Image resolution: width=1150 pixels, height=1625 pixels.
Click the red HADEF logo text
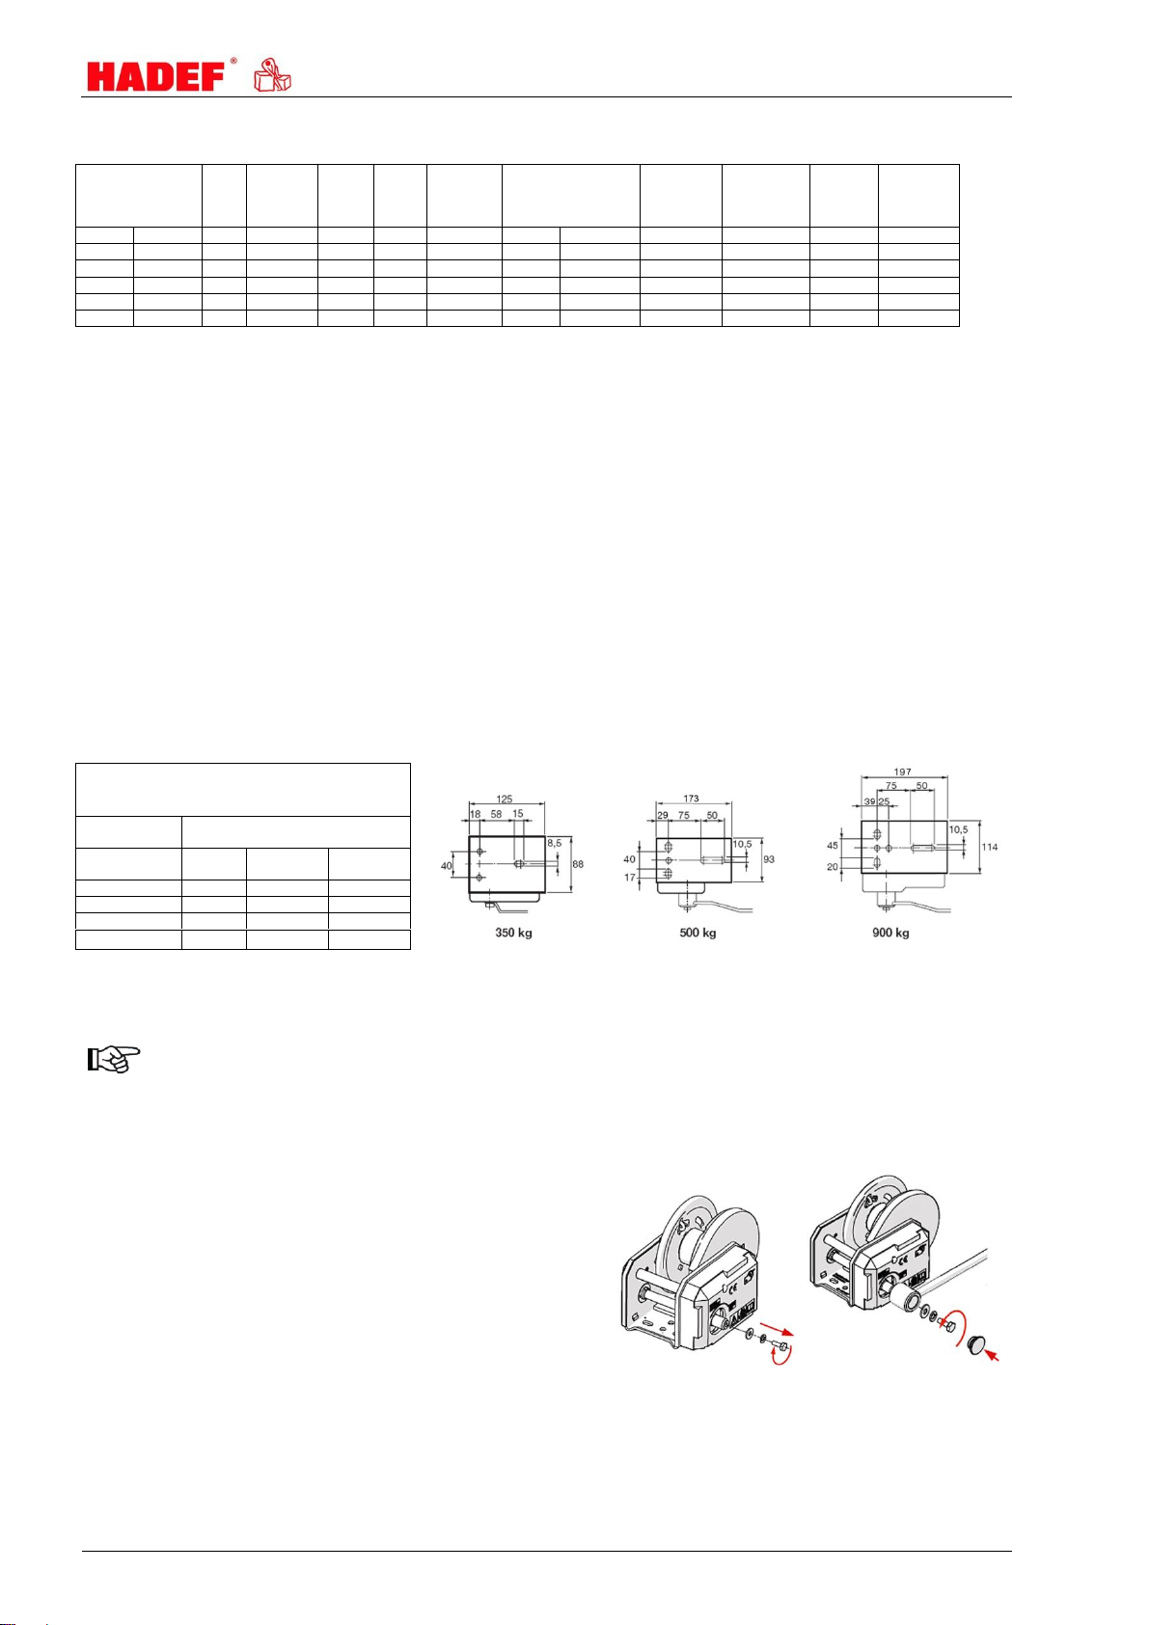[x=156, y=76]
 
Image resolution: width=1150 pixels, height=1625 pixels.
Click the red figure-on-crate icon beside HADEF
[x=272, y=74]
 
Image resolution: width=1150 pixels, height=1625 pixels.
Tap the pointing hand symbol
[x=113, y=1060]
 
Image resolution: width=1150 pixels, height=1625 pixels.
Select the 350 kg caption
[x=513, y=933]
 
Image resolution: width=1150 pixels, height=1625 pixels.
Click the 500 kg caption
[x=698, y=933]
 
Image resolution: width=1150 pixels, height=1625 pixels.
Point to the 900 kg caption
[x=891, y=933]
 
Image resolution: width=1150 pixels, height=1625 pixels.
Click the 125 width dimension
[x=505, y=799]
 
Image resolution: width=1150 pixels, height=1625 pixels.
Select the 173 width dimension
[x=691, y=798]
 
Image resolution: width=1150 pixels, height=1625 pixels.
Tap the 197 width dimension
[x=903, y=772]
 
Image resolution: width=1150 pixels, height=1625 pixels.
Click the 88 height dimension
[x=578, y=864]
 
